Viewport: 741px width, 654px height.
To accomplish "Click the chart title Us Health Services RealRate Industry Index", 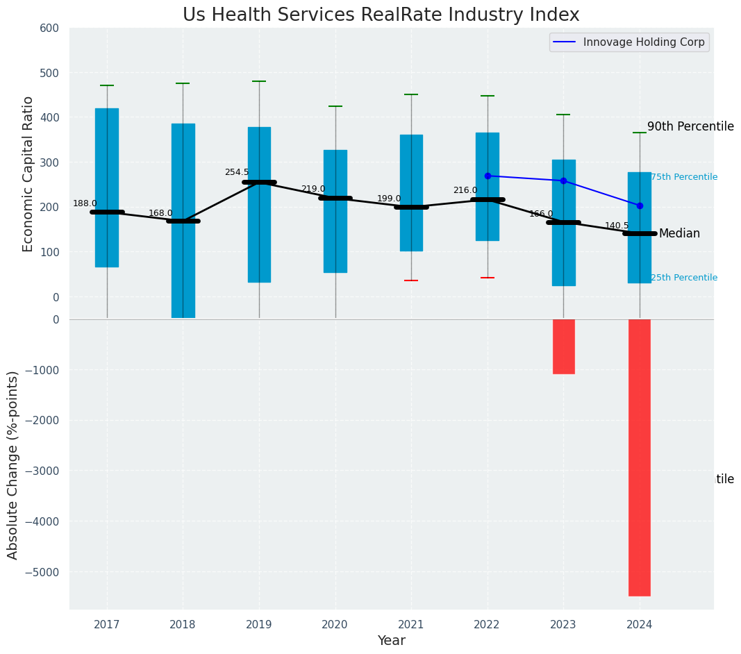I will point(381,15).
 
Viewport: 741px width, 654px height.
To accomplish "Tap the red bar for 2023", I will point(563,346).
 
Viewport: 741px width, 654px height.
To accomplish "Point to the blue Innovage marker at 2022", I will point(488,176).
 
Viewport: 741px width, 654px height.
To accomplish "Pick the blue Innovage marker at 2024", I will point(640,206).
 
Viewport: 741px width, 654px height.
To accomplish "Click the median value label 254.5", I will point(236,172).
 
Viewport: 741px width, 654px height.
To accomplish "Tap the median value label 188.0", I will point(85,203).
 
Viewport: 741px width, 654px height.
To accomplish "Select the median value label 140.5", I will point(617,226).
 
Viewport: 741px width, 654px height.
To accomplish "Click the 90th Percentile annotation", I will point(690,126).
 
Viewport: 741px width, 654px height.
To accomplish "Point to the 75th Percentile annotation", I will point(684,177).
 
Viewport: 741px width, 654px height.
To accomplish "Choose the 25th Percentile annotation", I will point(684,278).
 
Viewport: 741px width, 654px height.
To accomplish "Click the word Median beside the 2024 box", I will point(679,234).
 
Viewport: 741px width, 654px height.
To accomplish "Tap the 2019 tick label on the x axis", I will point(259,625).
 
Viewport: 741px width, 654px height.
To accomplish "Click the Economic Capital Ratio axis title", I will point(28,174).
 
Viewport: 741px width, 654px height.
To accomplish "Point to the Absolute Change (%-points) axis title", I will point(13,464).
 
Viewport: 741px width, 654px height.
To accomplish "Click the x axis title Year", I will point(391,641).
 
